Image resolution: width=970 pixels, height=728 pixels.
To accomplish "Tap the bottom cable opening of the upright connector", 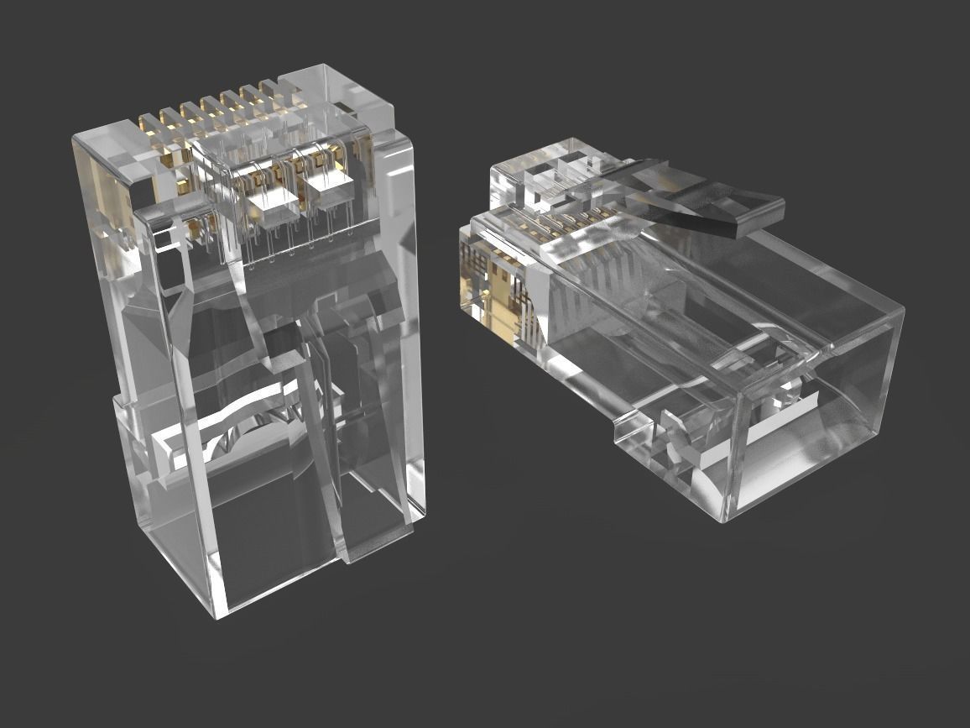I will (x=269, y=537).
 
